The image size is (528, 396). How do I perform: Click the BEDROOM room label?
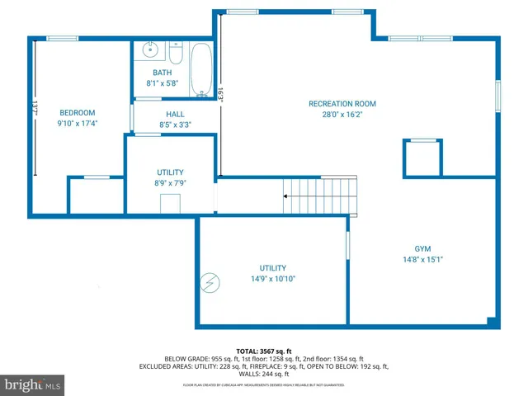point(77,113)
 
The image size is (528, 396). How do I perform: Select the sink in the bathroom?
point(150,50)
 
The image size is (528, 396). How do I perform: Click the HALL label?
point(175,115)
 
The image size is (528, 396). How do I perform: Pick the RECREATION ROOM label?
point(342,104)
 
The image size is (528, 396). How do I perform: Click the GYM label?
point(422,248)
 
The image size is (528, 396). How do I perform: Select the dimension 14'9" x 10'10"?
point(272,279)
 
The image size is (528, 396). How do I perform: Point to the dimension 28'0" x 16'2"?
point(342,115)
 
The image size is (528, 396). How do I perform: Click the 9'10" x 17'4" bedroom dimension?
point(77,124)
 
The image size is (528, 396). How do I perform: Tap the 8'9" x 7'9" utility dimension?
point(170,183)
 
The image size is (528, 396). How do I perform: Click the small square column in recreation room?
point(422,158)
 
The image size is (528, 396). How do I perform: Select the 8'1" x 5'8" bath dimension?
point(163,83)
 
